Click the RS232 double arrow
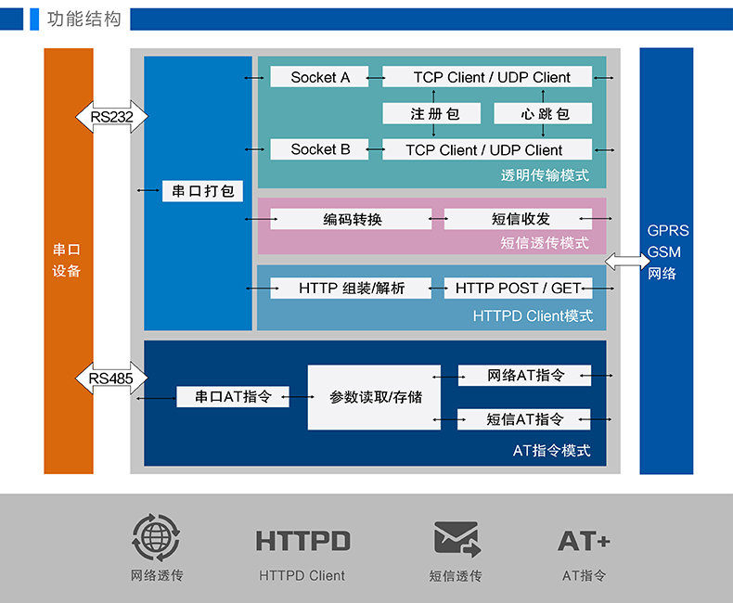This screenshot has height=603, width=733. (111, 117)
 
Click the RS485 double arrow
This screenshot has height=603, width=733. (111, 378)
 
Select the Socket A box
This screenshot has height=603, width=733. (320, 77)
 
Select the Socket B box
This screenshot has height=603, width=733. (320, 149)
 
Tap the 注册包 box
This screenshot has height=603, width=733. (433, 113)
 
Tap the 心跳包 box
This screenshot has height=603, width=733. (543, 113)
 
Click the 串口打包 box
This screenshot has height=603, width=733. (202, 191)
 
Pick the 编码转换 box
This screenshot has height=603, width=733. (352, 219)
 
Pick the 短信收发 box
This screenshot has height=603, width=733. (518, 219)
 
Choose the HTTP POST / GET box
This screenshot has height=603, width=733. (518, 289)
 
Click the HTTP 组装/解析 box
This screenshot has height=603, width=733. (352, 289)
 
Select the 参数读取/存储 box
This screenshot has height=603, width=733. (374, 397)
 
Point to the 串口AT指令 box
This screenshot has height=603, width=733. (233, 397)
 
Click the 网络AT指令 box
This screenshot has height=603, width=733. (524, 376)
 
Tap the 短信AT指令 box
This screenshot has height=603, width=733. (524, 419)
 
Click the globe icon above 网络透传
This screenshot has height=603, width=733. (156, 538)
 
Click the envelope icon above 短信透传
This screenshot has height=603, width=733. (456, 539)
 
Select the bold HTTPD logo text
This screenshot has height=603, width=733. (302, 541)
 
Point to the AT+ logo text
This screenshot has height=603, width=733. (584, 541)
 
